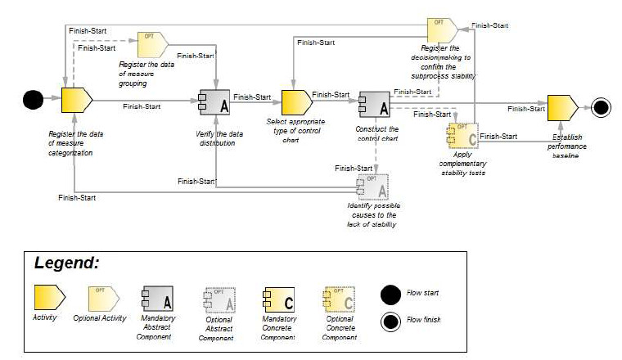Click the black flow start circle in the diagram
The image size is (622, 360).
pos(33,101)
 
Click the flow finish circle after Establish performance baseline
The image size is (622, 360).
pos(602,107)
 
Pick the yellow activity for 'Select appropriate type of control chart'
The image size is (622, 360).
pos(296,102)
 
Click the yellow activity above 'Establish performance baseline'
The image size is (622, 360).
pos(562,107)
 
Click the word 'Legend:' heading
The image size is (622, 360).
pos(66,263)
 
